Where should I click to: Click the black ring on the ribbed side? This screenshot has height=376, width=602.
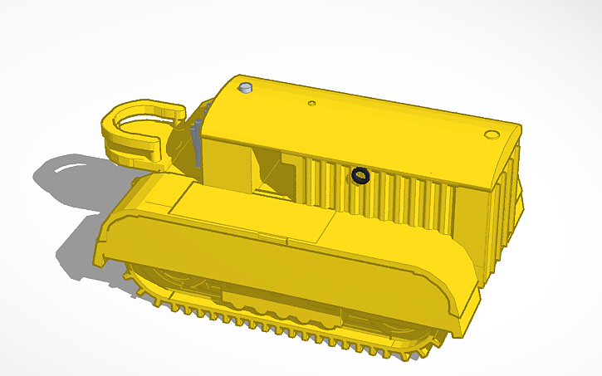point(360,175)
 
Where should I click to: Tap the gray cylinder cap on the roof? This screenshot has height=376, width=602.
point(244,88)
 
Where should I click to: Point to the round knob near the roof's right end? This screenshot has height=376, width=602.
point(491,134)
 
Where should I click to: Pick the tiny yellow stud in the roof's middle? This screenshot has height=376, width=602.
point(311,104)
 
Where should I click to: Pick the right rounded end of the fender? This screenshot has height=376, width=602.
point(461,307)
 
